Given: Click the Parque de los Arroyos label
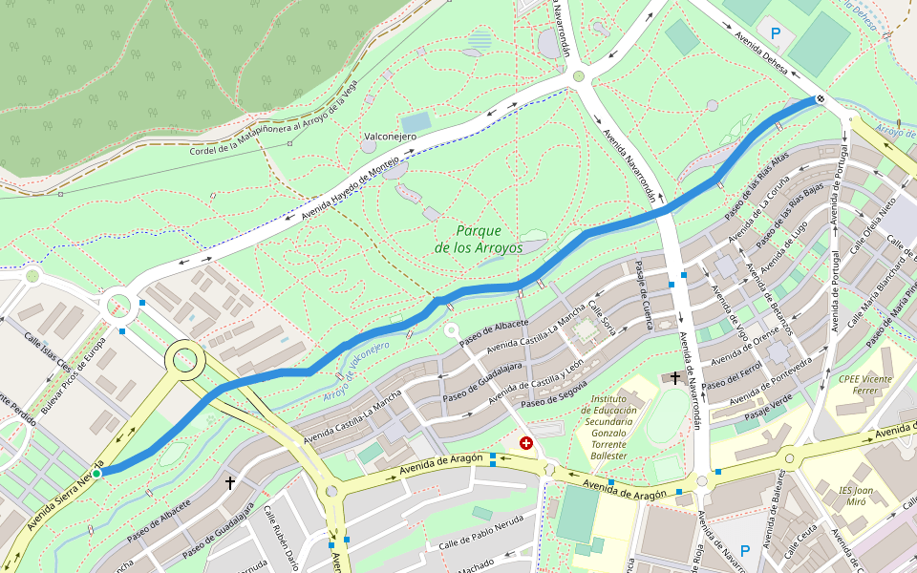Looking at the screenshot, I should pyautogui.click(x=479, y=239).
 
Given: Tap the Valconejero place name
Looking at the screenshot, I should pyautogui.click(x=390, y=137).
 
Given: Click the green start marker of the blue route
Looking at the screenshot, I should pyautogui.click(x=96, y=473).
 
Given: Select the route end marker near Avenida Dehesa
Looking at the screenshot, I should pyautogui.click(x=820, y=98).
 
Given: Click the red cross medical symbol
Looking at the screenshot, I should pyautogui.click(x=525, y=443).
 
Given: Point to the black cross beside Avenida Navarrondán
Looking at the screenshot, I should pyautogui.click(x=675, y=378).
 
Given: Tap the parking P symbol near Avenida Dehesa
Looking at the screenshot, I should pyautogui.click(x=776, y=33).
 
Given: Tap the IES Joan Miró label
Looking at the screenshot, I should pyautogui.click(x=857, y=497).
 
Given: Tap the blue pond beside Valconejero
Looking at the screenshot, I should pyautogui.click(x=416, y=122).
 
